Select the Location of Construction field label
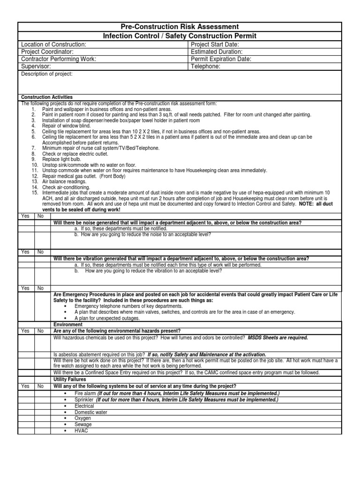53,44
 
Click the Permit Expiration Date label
221,59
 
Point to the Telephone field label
206,67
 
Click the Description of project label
47,74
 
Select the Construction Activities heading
47,97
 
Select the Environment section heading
68,324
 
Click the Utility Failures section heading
69,379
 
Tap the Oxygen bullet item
83,418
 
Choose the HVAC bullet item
81,430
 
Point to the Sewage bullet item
83,424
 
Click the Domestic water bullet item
91,412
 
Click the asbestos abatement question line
160,354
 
